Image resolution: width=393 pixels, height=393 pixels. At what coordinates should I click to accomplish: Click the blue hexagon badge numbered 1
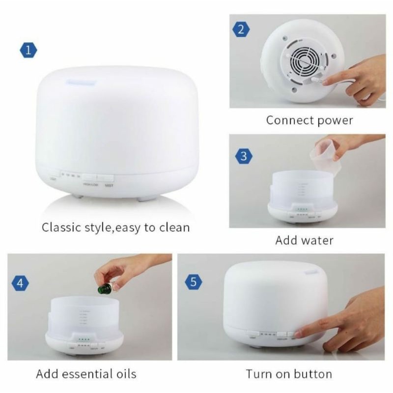[28, 50]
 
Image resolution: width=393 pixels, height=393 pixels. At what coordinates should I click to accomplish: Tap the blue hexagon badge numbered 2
[240, 29]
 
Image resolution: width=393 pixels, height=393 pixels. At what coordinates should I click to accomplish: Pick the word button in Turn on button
[314, 374]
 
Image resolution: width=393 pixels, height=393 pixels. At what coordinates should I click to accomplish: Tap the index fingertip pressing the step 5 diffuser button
[297, 334]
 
